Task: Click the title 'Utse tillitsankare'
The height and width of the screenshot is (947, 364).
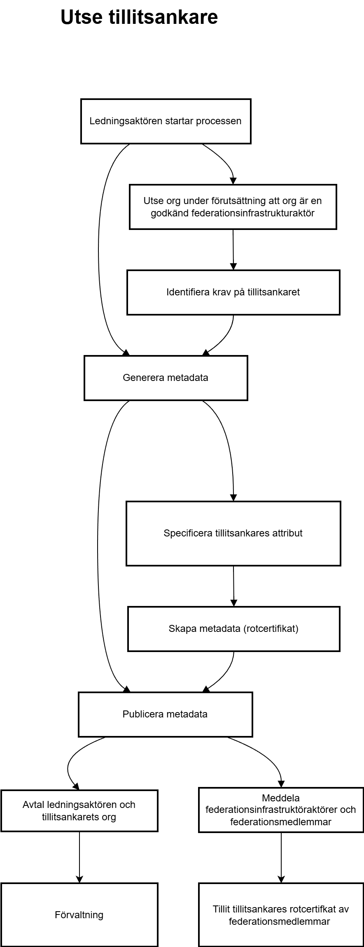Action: pos(139,18)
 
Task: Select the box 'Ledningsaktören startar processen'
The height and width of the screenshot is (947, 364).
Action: pos(166,121)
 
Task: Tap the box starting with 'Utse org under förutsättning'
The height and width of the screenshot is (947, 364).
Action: pos(233,207)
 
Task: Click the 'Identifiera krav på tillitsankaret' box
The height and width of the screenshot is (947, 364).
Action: pos(233,292)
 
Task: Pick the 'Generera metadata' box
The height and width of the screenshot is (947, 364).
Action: pos(166,378)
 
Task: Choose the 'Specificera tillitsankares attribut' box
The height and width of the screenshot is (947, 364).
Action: pos(233,534)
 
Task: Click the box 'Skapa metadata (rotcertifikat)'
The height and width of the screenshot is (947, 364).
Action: pos(233,629)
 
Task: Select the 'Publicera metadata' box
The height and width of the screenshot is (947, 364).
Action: pos(165,715)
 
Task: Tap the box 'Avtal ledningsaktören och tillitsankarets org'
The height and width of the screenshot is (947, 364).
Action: pos(79,811)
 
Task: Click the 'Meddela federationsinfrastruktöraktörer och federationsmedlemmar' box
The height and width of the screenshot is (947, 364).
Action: pos(281,810)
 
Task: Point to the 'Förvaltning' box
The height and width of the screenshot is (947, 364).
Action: pos(79,915)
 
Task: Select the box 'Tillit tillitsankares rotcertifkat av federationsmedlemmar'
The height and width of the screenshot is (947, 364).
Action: pos(281,915)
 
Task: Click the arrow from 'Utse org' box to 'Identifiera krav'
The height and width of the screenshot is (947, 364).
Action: pos(233,250)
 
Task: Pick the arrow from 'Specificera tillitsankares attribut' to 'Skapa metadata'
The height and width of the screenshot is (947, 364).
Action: pos(233,586)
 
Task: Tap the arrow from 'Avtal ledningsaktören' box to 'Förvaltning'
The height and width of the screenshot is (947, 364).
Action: pos(79,857)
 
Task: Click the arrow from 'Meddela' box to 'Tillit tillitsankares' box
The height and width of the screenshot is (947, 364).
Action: pos(281,858)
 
